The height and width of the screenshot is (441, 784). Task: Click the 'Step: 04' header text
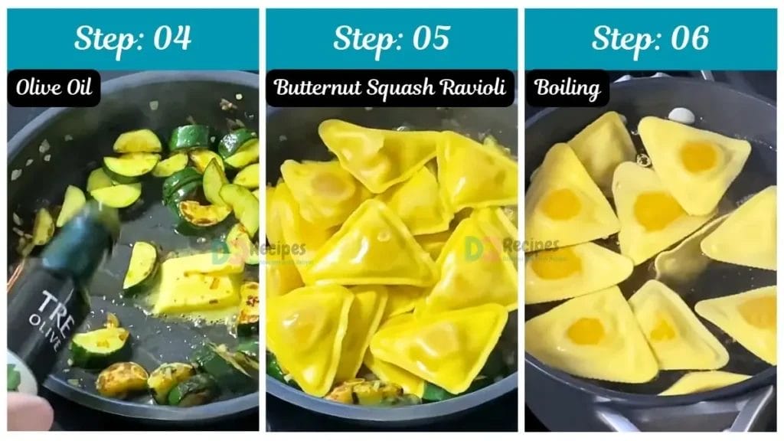132,38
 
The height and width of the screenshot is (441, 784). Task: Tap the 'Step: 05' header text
391,38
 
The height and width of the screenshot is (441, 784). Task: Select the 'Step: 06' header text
650,38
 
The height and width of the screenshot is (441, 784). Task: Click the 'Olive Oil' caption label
54,88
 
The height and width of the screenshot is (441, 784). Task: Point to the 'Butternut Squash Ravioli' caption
390,88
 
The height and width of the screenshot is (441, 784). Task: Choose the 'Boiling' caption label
567,88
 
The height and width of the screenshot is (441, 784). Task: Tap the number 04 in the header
172,38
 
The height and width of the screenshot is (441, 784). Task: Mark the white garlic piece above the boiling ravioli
681,115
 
